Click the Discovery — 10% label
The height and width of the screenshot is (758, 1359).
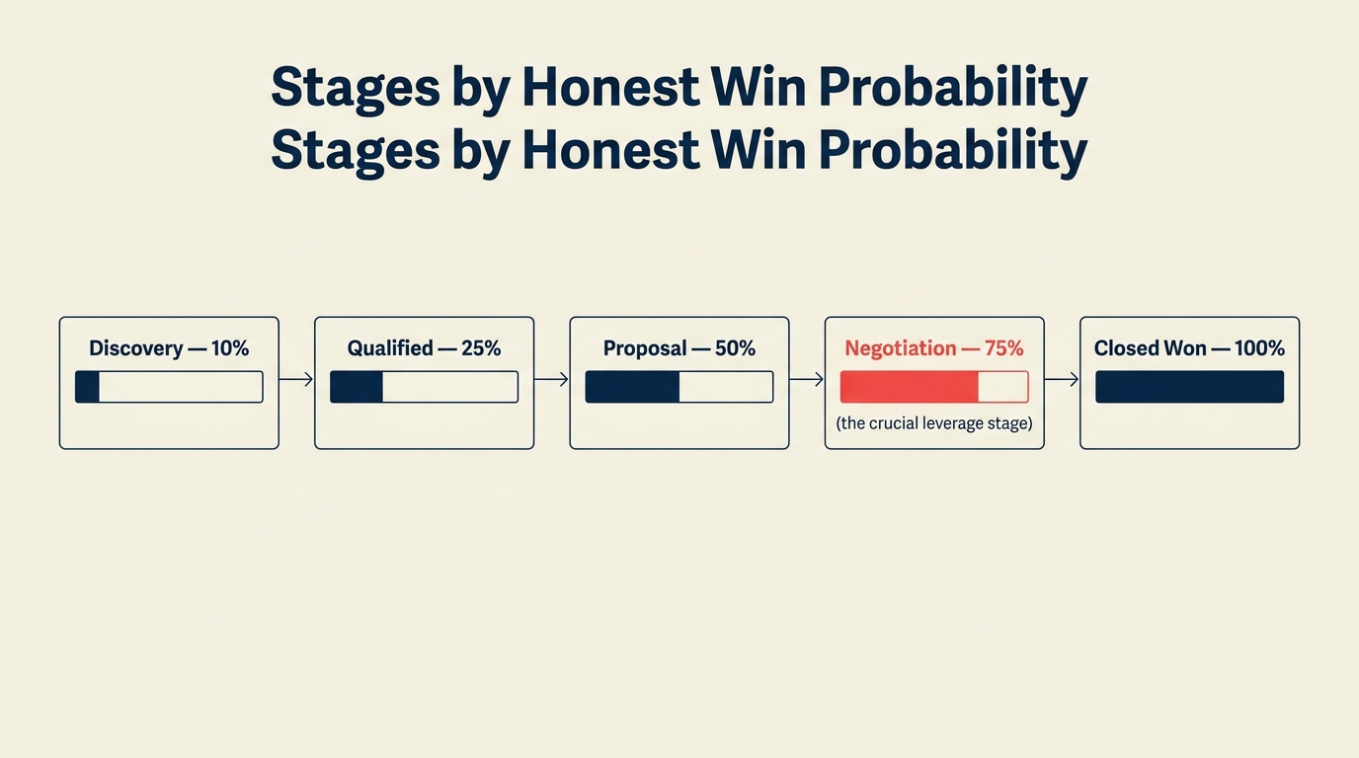[x=169, y=348]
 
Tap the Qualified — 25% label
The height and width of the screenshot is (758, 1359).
[x=424, y=348]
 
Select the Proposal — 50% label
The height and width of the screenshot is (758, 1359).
[x=679, y=348]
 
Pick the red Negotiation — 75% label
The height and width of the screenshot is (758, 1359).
[x=933, y=348]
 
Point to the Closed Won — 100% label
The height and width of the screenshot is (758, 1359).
[x=1189, y=348]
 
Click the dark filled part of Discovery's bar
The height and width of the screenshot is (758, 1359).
[x=87, y=387]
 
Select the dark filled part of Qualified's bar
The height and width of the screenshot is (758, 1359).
[x=357, y=387]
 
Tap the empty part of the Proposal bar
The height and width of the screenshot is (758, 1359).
[x=725, y=387]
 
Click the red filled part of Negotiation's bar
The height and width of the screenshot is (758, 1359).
[x=909, y=387]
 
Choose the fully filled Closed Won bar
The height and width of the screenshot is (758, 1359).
[x=1189, y=387]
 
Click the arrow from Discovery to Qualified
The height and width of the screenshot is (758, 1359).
[x=296, y=379]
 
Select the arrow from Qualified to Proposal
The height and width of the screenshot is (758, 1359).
[x=551, y=379]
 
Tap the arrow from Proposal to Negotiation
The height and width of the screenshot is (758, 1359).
[x=806, y=379]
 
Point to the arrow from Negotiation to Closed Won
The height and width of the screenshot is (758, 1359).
[x=1062, y=379]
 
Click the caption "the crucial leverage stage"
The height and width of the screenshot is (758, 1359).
[x=933, y=423]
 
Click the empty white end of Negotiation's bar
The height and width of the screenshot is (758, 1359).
[x=1002, y=387]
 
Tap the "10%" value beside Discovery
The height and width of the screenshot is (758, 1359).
[x=230, y=348]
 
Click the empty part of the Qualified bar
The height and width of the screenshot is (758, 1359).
[x=449, y=387]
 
